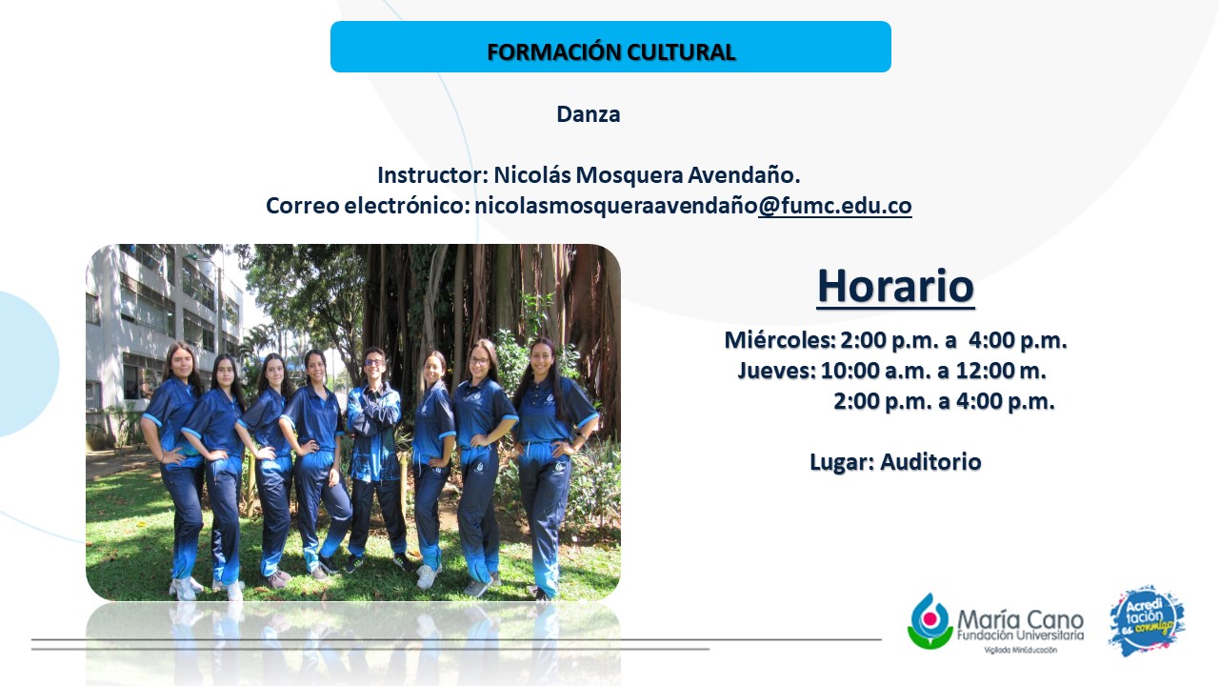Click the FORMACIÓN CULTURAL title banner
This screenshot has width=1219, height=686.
(610, 47)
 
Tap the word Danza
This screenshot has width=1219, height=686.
(589, 114)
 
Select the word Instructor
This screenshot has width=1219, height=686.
(432, 175)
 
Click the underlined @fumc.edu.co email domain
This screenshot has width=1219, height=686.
(835, 206)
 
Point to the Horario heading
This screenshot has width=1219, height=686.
(896, 286)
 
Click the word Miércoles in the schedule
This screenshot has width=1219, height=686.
(780, 340)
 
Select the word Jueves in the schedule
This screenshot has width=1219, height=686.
(776, 371)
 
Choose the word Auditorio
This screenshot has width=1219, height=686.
(930, 462)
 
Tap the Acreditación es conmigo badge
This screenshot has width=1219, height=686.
(1146, 621)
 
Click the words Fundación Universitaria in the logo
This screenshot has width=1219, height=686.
(1020, 636)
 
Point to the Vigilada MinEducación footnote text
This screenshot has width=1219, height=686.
(1020, 650)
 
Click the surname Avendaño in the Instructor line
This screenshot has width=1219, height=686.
(744, 175)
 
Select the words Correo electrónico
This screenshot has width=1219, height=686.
(368, 206)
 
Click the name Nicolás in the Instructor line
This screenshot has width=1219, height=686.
(531, 175)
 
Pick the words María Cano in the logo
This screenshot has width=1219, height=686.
(1020, 619)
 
